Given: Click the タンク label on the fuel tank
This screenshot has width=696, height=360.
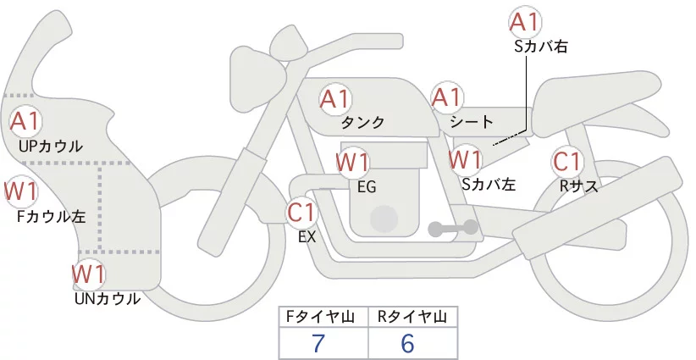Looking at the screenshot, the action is (362, 122).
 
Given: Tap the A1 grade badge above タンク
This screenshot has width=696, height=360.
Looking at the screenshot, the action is (335, 98).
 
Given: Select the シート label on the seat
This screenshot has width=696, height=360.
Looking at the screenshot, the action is (472, 121).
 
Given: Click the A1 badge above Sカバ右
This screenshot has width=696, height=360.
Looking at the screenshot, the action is (525, 22).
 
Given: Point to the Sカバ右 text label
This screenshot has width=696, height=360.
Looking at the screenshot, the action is (541, 47).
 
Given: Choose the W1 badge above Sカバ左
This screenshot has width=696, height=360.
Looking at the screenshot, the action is (465, 159).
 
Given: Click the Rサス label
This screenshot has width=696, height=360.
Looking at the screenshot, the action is (578, 186).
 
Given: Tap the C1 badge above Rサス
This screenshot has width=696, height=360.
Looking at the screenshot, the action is (567, 162).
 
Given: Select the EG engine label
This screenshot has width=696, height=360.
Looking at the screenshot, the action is (367, 187).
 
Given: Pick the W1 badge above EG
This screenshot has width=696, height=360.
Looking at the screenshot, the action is (352, 162).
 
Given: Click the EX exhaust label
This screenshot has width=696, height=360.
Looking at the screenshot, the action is (307, 237).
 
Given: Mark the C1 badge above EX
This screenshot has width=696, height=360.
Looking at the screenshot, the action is (301, 212).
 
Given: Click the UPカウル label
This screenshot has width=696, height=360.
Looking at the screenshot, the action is (51, 146).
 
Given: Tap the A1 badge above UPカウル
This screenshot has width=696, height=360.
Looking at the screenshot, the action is (25, 121).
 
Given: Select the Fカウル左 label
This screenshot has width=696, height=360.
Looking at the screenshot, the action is (51, 217).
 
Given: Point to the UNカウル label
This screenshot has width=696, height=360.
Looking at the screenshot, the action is (108, 299).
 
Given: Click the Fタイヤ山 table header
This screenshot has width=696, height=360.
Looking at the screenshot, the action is (320, 317).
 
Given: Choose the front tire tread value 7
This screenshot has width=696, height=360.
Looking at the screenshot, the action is (318, 343).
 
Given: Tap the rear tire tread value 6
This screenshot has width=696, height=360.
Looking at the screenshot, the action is (407, 343).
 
